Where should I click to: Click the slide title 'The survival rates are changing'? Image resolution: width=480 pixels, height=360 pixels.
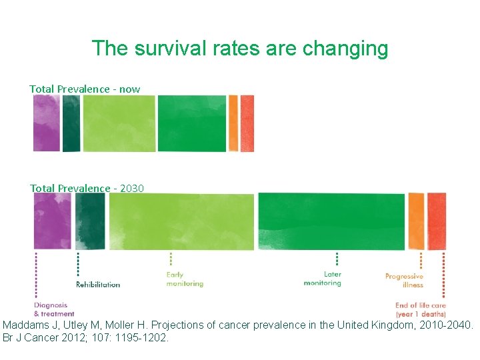pos(239,48)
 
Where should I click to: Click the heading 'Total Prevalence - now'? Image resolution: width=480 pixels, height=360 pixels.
pos(85,89)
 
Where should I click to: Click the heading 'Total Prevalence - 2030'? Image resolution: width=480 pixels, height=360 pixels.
pos(87,188)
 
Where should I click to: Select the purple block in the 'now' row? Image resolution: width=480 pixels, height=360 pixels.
pos(47,123)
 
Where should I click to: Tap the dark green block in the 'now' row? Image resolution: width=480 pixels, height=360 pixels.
pos(71,123)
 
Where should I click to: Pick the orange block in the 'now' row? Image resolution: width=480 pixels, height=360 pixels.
pos(233,123)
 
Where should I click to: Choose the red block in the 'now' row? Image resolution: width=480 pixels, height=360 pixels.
pos(247,123)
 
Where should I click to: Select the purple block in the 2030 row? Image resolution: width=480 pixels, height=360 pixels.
pos(52,221)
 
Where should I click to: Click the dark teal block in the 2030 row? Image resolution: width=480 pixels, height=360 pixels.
pos(90,221)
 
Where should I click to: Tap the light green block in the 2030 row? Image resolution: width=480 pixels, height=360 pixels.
pos(181,221)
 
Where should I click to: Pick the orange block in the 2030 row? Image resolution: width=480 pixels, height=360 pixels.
pos(416,221)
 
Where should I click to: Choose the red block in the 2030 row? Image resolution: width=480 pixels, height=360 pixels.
pos(437,221)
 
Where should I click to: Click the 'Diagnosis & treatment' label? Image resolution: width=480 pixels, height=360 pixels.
pos(53,309)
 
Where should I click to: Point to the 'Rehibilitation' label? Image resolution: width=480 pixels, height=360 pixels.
pos(98,285)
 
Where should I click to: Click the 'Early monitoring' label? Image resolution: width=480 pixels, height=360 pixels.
pos(184,279)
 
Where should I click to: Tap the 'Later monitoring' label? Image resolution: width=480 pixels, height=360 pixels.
pos(323,279)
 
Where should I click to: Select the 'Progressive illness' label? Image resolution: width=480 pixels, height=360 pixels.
pos(404,281)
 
